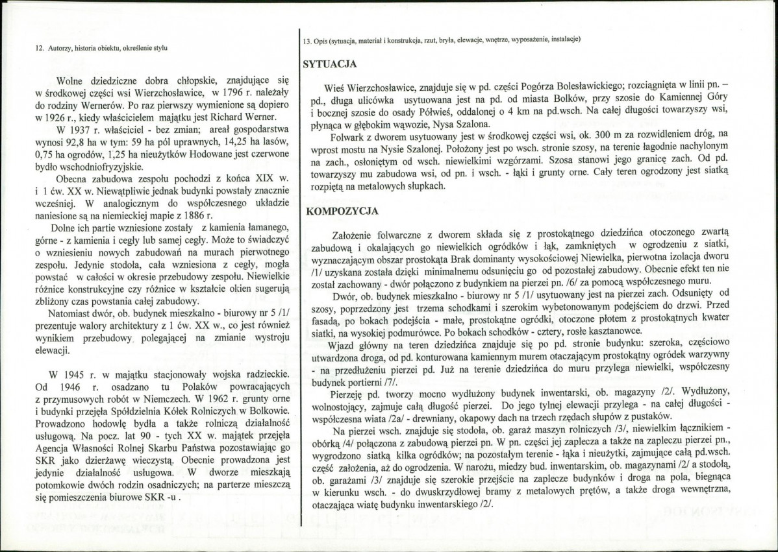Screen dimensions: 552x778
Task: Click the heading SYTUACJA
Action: [330, 64]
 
